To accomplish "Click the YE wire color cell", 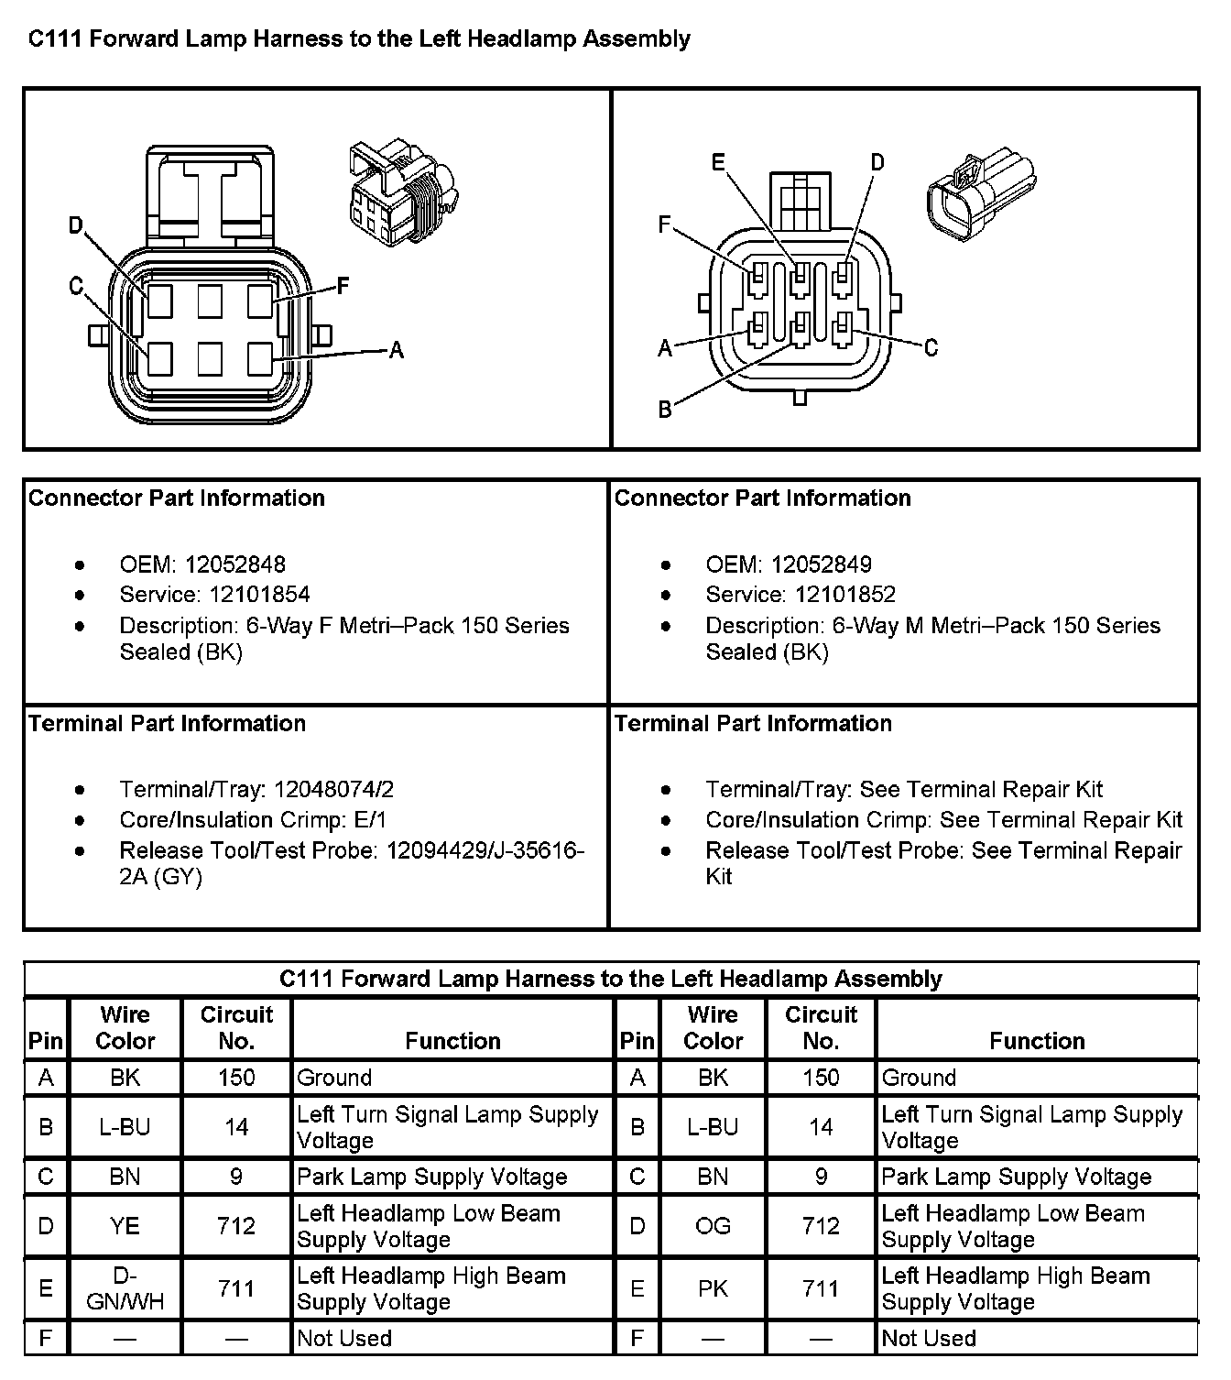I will tap(125, 1226).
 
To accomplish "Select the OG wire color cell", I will tap(713, 1226).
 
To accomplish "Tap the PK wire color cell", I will tap(713, 1288).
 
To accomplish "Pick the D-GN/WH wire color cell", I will tap(125, 1288).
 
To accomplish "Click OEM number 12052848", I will tap(234, 564).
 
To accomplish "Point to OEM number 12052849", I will tap(821, 564).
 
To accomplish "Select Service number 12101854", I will tap(259, 595).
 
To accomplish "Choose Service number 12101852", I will tap(845, 595).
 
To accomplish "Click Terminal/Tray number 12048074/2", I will tap(333, 790).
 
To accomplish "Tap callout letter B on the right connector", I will tap(666, 410).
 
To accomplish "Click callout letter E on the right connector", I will tap(719, 164).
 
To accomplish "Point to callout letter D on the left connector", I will tap(77, 225).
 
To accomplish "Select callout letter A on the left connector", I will tap(397, 350).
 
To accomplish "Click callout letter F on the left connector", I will tap(343, 287).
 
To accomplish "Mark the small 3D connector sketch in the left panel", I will tap(403, 193).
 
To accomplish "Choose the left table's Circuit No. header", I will tap(236, 1028).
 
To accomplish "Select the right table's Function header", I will tap(1037, 1041).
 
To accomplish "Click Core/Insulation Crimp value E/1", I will tap(368, 820).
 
